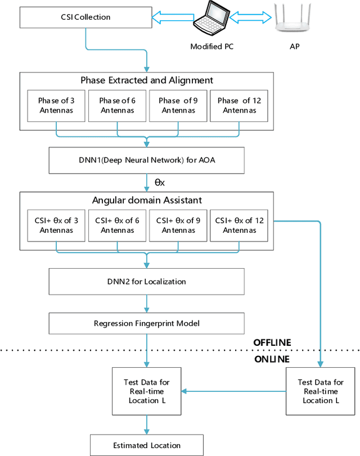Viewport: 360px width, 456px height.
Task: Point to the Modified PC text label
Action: tap(211, 47)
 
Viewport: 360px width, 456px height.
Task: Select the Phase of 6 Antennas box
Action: tap(117, 106)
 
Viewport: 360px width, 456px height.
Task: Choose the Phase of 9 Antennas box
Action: tap(178, 106)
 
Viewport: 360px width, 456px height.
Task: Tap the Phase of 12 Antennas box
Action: tap(239, 106)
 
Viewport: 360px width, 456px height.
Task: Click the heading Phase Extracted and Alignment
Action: tap(147, 80)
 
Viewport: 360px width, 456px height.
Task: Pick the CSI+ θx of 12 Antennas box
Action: tap(239, 225)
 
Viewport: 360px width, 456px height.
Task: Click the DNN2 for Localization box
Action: tap(147, 281)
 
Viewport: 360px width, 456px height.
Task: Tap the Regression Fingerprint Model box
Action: tap(147, 323)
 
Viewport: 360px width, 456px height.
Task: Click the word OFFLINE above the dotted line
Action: tap(272, 342)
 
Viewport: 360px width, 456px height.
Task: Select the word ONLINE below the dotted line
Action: tap(271, 359)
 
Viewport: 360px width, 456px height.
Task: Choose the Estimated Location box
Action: tap(146, 445)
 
